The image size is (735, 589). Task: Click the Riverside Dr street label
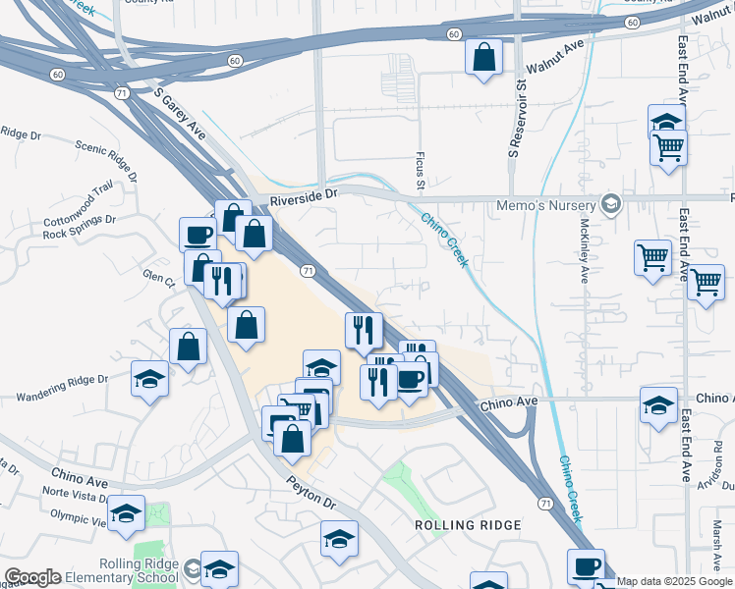pos(304,194)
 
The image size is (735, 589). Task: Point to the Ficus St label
pos(419,173)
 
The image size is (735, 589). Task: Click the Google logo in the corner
pos(32,577)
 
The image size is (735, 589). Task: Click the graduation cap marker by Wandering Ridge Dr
pos(150,378)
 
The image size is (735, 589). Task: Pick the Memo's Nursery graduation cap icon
pos(611,203)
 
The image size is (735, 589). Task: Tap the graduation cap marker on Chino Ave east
pos(658,404)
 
